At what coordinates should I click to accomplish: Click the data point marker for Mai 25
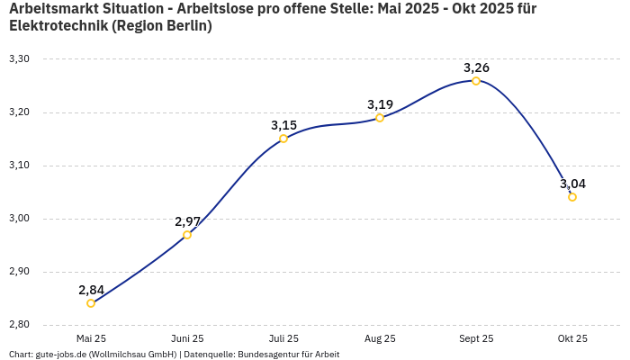[91, 303]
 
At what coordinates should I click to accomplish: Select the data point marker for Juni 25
[187, 235]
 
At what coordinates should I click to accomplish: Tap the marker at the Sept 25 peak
[476, 81]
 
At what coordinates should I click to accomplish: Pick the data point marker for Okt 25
[572, 197]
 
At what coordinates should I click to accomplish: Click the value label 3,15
[283, 125]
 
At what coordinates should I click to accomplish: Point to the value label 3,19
[380, 104]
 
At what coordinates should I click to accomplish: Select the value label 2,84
[91, 290]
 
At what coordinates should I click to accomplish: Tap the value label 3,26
[476, 67]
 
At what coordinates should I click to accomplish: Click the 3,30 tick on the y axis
[19, 59]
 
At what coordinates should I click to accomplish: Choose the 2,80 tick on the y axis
[19, 325]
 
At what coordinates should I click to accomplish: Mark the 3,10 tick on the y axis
[19, 166]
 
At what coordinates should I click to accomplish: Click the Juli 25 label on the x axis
[283, 338]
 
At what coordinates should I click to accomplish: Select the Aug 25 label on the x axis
[380, 338]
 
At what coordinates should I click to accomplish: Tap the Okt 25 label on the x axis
[572, 338]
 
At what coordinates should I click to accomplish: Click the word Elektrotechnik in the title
[58, 25]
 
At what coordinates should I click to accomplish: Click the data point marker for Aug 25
[380, 118]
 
